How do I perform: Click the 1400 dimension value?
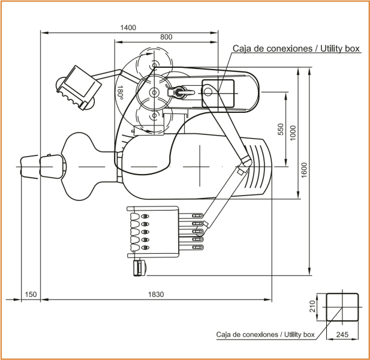click(128, 28)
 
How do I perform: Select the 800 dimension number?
click(166, 37)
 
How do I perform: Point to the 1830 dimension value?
click(156, 295)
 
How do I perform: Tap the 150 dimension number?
click(31, 295)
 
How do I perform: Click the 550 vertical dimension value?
click(281, 129)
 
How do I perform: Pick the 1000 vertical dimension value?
click(293, 133)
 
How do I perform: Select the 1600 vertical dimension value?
click(304, 170)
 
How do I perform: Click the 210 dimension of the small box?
click(312, 306)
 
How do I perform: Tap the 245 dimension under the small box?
click(342, 334)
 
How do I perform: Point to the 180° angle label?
click(120, 92)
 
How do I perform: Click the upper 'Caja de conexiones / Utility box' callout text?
click(296, 49)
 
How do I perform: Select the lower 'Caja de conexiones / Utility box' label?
click(265, 335)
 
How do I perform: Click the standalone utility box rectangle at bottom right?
click(342, 307)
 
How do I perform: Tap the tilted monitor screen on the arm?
click(79, 88)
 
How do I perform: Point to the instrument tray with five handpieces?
click(154, 232)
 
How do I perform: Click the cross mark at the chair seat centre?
click(200, 166)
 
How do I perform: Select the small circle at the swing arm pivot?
click(207, 92)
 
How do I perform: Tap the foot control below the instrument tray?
click(140, 268)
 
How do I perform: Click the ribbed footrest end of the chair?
click(258, 167)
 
